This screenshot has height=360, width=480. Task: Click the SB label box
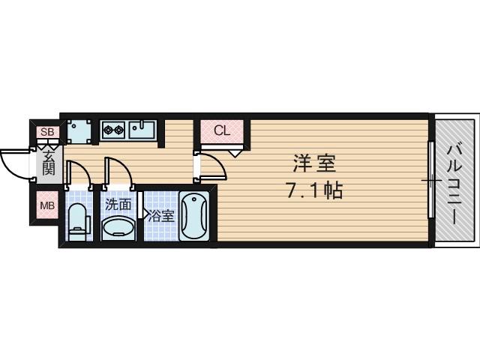[x=47, y=133]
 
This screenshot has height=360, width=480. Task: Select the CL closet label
[x=221, y=130]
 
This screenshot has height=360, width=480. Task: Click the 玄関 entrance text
[x=48, y=163]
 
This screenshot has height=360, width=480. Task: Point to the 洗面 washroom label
[x=118, y=203]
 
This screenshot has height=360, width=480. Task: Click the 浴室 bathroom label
[x=160, y=217]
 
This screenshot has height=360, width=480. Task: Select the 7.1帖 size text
[x=313, y=190]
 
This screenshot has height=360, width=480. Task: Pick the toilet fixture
[x=78, y=221]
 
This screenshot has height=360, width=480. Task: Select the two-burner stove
[x=113, y=130]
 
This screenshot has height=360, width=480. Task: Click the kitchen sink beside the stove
[x=142, y=130]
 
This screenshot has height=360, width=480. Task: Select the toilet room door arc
[x=79, y=172]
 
